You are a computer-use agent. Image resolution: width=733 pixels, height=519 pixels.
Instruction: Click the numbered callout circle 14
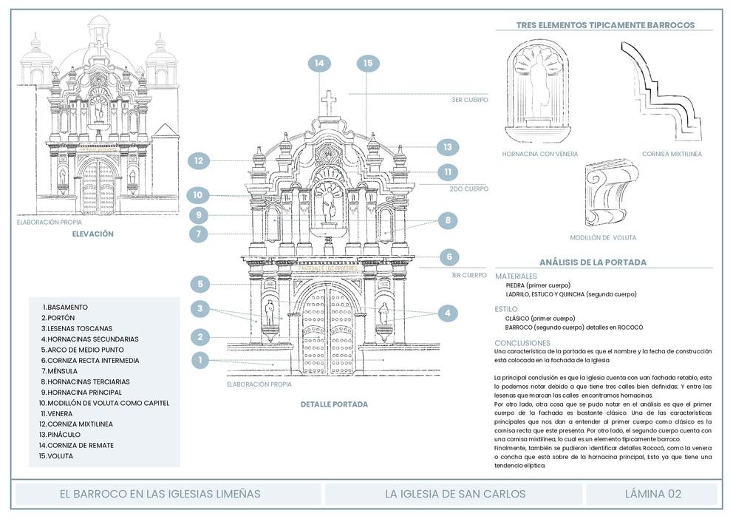coord(319,64)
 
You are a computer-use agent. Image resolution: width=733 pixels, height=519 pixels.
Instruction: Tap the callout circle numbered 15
coord(368,64)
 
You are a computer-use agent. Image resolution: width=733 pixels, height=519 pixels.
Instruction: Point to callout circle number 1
coord(200,360)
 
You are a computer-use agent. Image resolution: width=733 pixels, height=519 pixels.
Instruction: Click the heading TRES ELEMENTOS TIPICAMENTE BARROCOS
coord(604,24)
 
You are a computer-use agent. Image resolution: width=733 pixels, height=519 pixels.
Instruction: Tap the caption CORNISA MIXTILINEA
coord(672,154)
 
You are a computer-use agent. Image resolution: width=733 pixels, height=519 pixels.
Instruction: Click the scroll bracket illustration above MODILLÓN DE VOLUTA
coord(610,194)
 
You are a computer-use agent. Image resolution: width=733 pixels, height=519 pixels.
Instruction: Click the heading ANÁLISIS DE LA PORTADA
coord(593,262)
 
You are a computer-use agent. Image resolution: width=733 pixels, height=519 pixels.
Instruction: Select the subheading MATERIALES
coord(516,276)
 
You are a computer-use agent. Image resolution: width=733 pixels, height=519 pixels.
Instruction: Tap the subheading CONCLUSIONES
coord(522,343)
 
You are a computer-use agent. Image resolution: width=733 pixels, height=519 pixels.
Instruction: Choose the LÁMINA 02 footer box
coord(652,494)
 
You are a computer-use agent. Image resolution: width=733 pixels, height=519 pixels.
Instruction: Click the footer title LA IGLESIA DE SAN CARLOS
coord(454,494)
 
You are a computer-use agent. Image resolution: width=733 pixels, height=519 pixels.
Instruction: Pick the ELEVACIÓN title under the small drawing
coord(92,234)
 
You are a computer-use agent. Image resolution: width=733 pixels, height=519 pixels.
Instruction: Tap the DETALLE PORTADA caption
coord(334,404)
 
